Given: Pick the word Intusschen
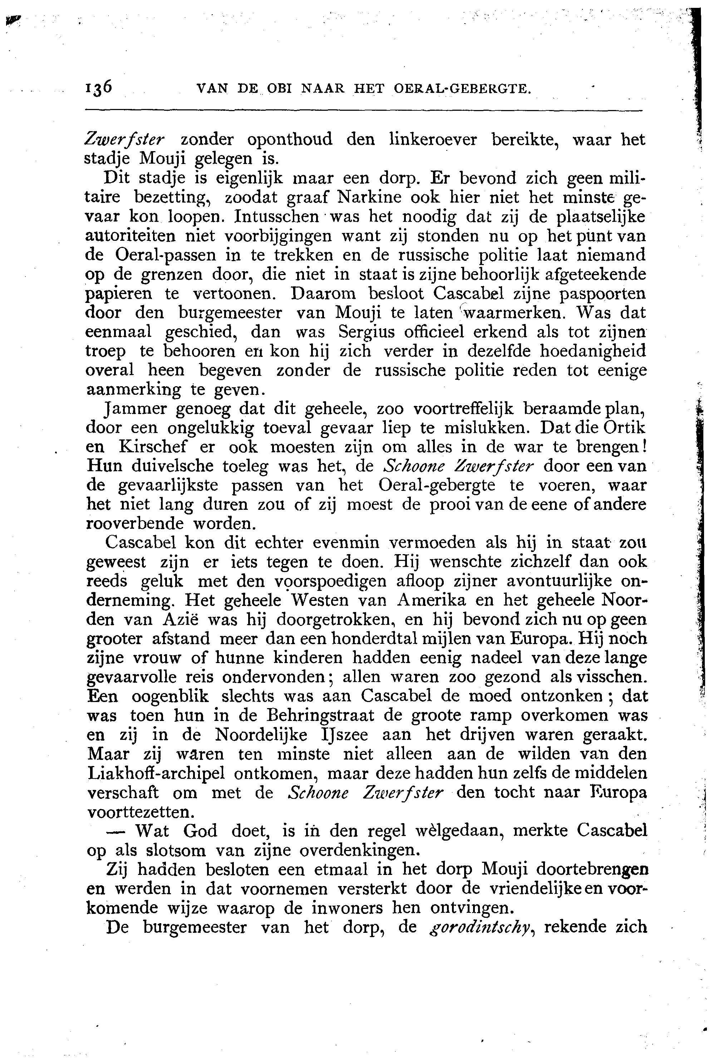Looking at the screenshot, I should (276, 216).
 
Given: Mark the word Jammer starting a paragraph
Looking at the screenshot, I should (134, 409).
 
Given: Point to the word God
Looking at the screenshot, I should (200, 831).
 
